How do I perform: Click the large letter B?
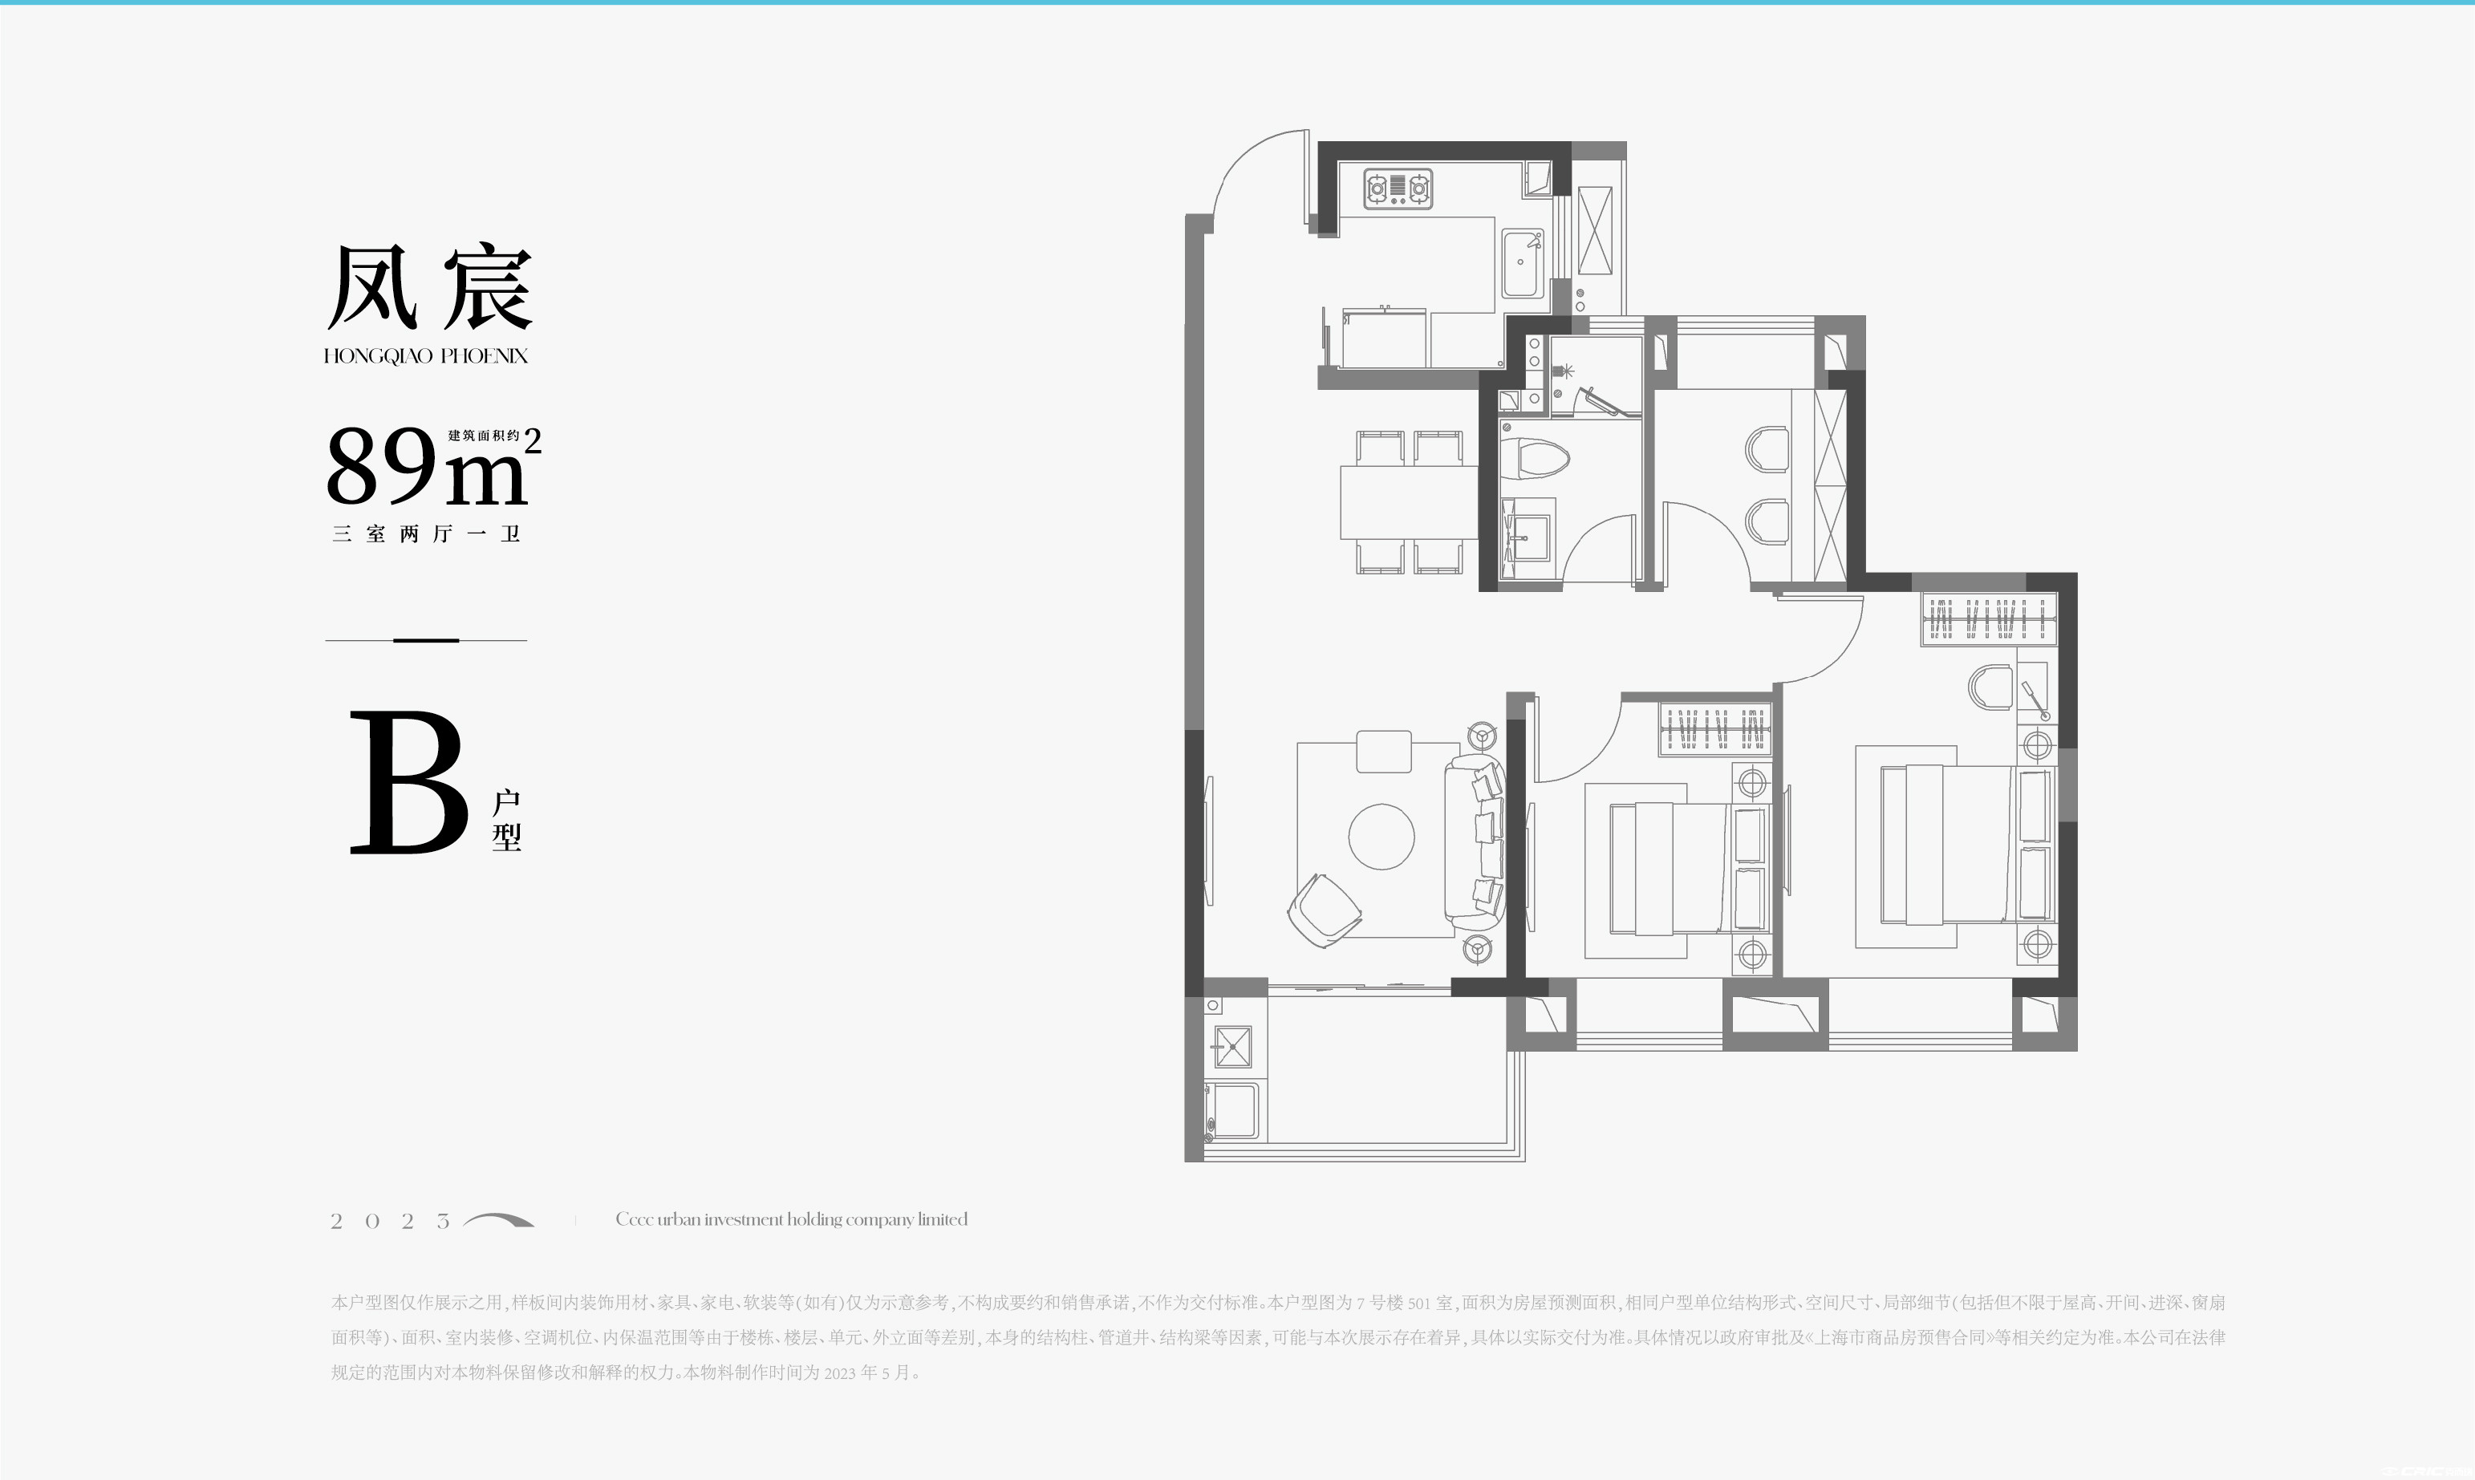409,782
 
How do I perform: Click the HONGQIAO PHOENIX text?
426,356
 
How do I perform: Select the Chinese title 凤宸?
430,287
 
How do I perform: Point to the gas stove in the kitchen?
1398,188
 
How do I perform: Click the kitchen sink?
1522,264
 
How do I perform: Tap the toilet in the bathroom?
1536,460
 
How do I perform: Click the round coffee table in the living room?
1381,837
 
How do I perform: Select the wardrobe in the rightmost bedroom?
1990,619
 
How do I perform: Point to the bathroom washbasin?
1526,538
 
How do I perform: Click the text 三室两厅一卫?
427,533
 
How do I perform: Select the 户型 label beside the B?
506,820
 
